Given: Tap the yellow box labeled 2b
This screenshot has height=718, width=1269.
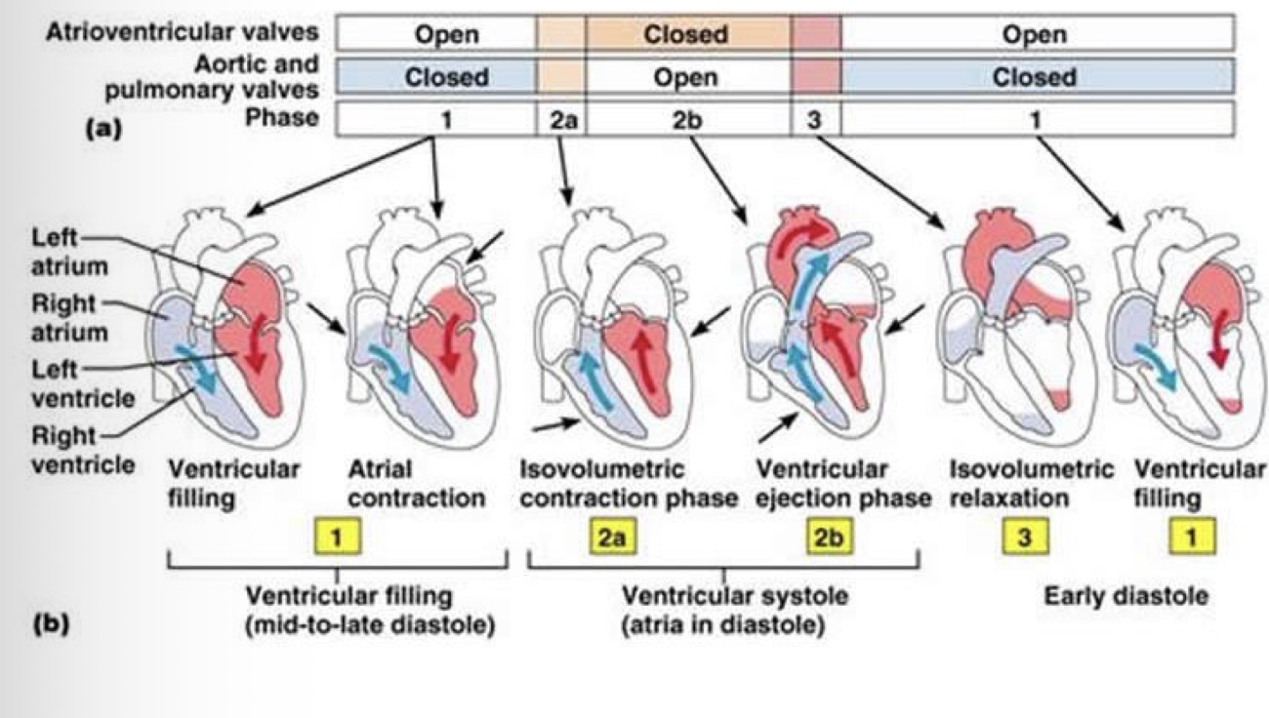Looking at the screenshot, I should (x=833, y=538).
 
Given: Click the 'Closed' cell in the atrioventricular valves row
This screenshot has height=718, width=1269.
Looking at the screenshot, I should (x=686, y=34).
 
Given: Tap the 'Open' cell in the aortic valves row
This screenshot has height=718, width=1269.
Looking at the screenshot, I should (x=686, y=77).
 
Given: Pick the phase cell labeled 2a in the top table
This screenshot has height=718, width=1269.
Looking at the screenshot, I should (x=560, y=118).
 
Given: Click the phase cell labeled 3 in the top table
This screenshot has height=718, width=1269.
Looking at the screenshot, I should (x=815, y=118).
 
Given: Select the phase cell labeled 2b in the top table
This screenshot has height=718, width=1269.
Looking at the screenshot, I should (x=686, y=118).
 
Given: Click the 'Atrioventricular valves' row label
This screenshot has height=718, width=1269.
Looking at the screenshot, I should (x=182, y=32).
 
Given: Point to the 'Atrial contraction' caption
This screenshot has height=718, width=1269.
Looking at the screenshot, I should (x=417, y=484).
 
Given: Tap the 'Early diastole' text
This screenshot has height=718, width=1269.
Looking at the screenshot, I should (x=1125, y=594).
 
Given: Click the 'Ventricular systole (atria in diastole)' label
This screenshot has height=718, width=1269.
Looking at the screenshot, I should (x=722, y=609).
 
